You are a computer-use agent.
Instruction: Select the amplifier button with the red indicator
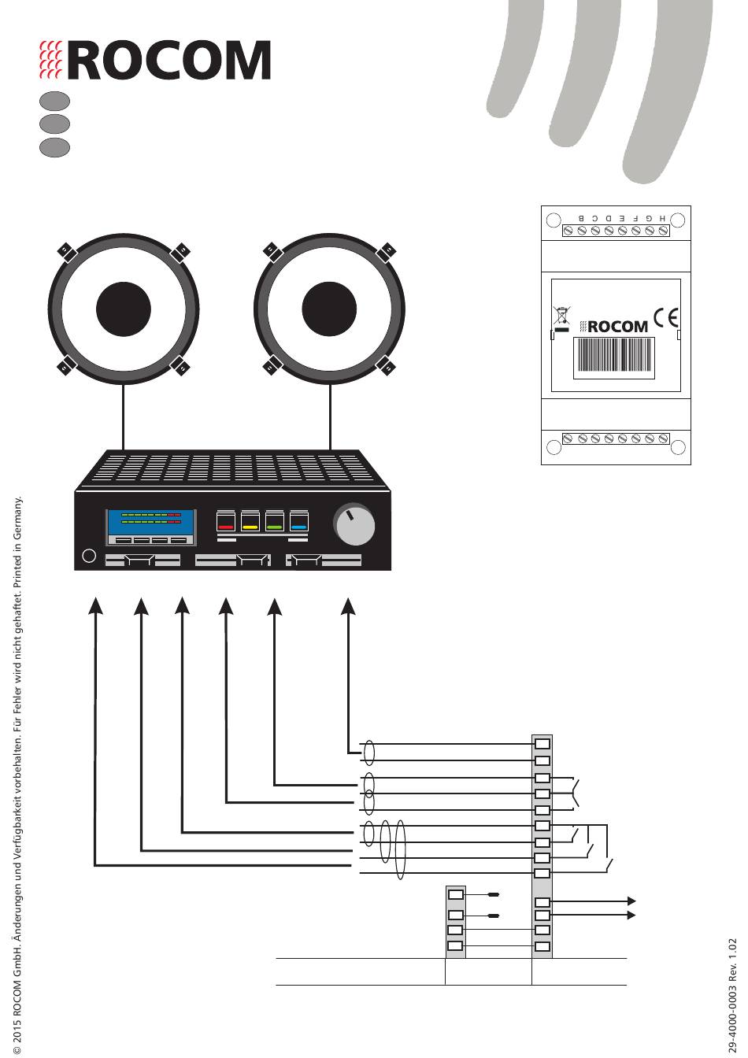pos(225,520)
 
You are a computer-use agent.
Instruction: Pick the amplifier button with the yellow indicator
pos(250,520)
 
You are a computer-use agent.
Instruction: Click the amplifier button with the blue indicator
pos(299,520)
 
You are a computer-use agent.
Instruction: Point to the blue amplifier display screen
pos(151,522)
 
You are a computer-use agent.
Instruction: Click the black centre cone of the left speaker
pos(124,309)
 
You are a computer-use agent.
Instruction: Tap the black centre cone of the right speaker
pos(329,309)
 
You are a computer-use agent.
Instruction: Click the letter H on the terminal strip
pos(662,218)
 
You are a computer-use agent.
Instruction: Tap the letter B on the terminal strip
pos(582,218)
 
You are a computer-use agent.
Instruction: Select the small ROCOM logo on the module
pos(614,327)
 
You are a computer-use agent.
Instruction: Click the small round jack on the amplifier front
pos(89,556)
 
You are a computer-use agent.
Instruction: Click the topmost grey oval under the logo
pos(55,101)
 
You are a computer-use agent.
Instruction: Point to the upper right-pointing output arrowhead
pos(631,901)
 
